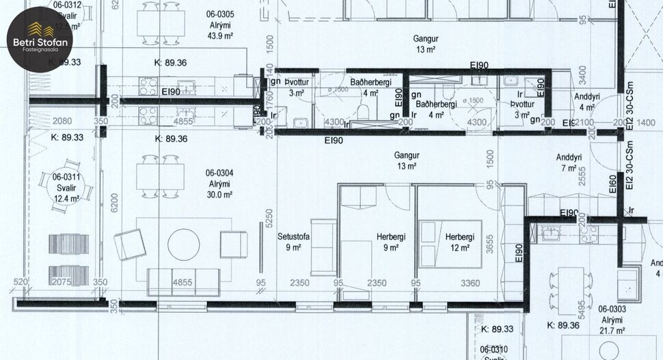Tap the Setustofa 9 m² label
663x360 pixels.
pyautogui.click(x=294, y=243)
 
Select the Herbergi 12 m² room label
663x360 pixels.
pyautogui.click(x=459, y=243)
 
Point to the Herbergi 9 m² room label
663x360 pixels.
pyautogui.click(x=391, y=243)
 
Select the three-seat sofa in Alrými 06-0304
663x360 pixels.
pyautogui.click(x=182, y=281)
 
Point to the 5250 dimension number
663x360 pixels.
pyautogui.click(x=269, y=217)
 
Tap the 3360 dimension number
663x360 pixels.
pyautogui.click(x=470, y=283)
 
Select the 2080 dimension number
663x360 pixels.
pyautogui.click(x=62, y=121)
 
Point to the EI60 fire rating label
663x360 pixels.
pyautogui.click(x=612, y=186)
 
